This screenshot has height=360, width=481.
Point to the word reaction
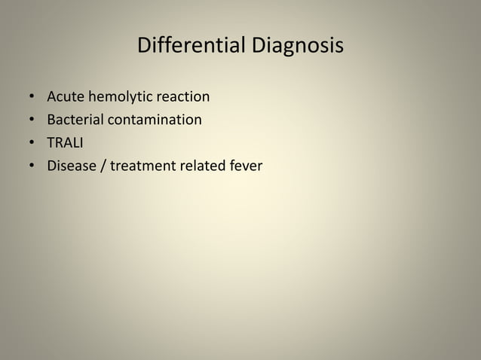[x=182, y=97]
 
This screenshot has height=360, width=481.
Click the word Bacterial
[x=75, y=120]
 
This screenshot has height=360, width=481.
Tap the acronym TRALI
[x=65, y=142]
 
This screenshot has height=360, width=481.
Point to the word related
[x=201, y=165]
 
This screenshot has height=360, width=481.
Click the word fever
[x=245, y=165]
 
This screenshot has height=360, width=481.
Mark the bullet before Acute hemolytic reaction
[x=32, y=98]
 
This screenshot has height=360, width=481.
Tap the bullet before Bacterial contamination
[x=32, y=121]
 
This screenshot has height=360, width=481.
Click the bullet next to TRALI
[x=32, y=143]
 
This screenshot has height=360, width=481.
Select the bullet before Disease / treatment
[x=32, y=166]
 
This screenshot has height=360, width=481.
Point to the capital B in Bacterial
[x=51, y=120]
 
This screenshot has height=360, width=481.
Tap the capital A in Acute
[x=52, y=97]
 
